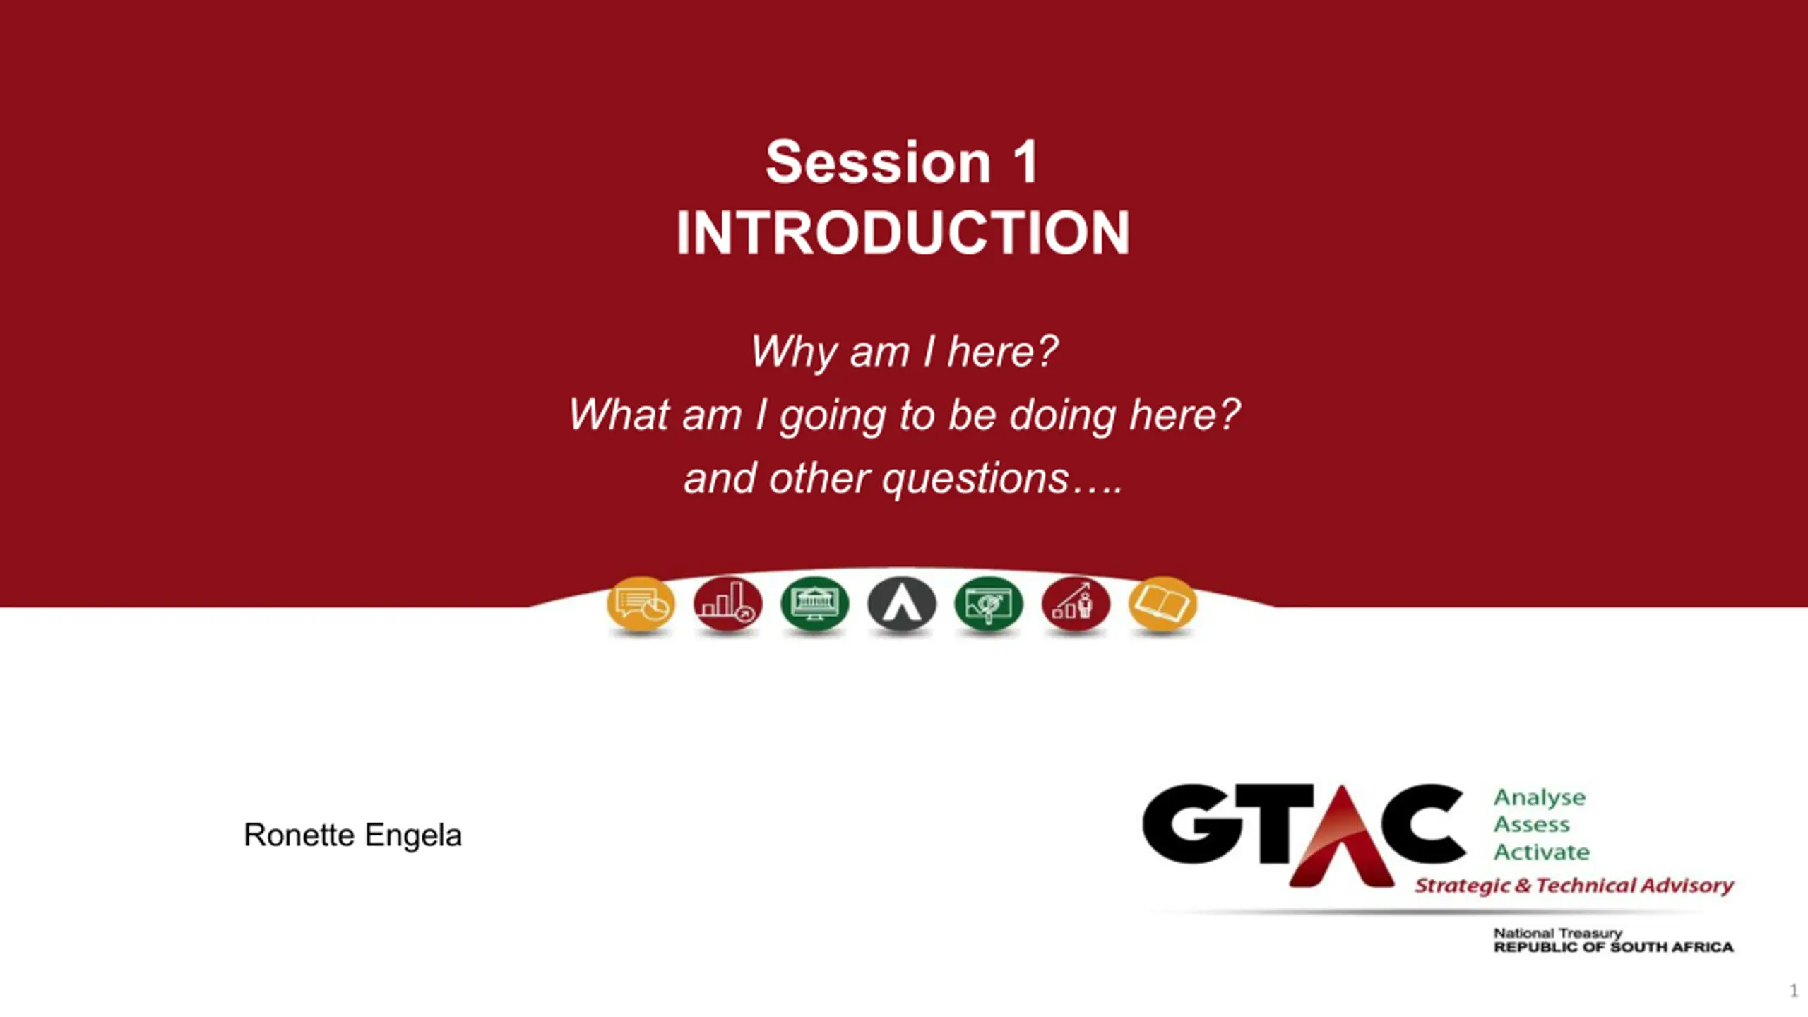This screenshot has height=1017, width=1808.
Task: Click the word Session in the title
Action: [879, 162]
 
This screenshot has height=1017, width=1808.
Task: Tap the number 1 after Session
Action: [1025, 162]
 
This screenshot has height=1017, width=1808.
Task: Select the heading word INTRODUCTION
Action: [903, 232]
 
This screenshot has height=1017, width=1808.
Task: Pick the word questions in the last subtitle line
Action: [975, 479]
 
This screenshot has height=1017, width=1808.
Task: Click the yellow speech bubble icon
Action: [641, 605]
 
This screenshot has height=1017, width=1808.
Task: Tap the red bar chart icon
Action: [727, 605]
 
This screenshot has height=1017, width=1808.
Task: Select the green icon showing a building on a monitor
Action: [814, 605]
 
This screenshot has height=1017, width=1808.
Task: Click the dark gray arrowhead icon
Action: [901, 605]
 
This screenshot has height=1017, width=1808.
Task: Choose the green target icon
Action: [988, 605]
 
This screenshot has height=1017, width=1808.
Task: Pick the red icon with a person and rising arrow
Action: [1075, 605]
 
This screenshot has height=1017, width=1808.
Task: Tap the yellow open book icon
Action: [1162, 605]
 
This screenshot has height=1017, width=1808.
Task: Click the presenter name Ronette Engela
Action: [352, 835]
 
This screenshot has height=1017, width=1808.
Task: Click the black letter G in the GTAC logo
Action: [1192, 824]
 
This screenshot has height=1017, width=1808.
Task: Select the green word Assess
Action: [1531, 825]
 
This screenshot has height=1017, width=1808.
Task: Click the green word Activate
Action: [1541, 852]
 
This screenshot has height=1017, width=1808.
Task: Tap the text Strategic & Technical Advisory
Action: [1574, 886]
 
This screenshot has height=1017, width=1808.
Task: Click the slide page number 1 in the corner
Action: [1794, 990]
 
